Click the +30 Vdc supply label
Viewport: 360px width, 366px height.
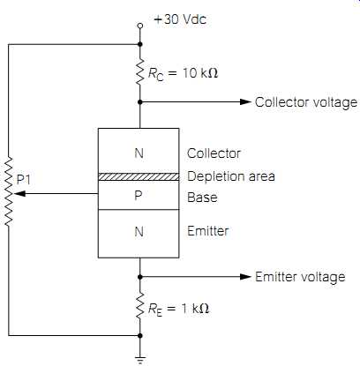[x=180, y=19]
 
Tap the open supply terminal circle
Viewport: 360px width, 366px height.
[x=140, y=26]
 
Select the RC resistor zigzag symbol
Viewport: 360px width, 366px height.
[x=140, y=71]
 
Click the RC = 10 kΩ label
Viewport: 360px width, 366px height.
[x=183, y=73]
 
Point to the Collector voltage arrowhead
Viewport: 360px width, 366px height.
[x=245, y=102]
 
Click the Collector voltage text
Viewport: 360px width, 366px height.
[x=306, y=102]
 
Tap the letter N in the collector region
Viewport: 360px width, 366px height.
[x=139, y=153]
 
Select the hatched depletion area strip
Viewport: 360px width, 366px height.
[x=139, y=176]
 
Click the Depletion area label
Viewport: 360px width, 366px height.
[x=231, y=176]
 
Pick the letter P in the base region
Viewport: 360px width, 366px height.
[x=139, y=196]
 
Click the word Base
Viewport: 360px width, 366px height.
[x=202, y=198]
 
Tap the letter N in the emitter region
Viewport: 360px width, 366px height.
[x=139, y=232]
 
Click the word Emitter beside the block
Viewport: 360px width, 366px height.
[x=208, y=231]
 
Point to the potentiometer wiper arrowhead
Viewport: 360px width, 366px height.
[x=19, y=194]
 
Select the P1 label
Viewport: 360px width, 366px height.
[x=24, y=180]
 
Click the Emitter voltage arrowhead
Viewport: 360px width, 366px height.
[x=245, y=277]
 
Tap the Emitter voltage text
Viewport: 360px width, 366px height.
[x=300, y=277]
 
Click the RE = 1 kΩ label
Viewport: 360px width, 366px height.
[x=178, y=310]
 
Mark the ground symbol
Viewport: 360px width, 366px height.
[x=140, y=360]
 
